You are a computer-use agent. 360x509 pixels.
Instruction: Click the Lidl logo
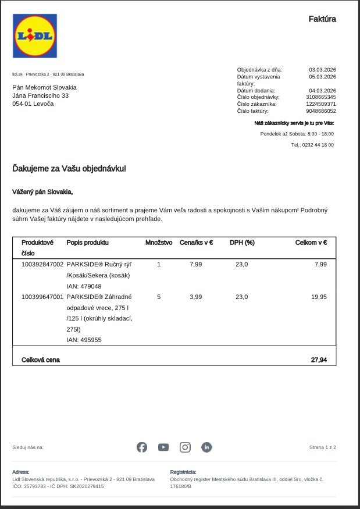(x=35, y=36)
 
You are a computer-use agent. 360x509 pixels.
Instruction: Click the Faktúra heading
(x=322, y=19)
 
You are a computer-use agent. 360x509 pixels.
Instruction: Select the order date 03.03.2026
(x=322, y=70)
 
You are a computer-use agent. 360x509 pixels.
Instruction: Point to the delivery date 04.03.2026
(x=322, y=90)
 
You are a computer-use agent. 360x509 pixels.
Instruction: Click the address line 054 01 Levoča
(x=33, y=104)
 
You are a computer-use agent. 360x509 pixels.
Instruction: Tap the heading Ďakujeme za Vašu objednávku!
(x=69, y=169)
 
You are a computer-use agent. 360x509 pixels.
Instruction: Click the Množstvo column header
(x=159, y=243)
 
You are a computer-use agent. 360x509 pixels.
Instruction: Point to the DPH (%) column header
(x=242, y=243)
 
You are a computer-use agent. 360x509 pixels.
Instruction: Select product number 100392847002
(x=42, y=264)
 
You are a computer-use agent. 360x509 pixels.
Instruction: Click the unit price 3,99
(x=196, y=297)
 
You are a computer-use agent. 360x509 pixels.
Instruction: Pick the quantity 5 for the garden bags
(x=159, y=297)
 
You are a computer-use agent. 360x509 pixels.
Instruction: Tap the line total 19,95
(x=319, y=297)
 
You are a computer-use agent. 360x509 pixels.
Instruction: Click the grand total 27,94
(x=319, y=360)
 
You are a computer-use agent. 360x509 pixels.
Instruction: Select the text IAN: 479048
(x=84, y=286)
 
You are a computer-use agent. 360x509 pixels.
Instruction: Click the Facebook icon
(x=142, y=447)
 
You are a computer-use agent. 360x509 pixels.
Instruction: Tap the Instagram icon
(x=185, y=447)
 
